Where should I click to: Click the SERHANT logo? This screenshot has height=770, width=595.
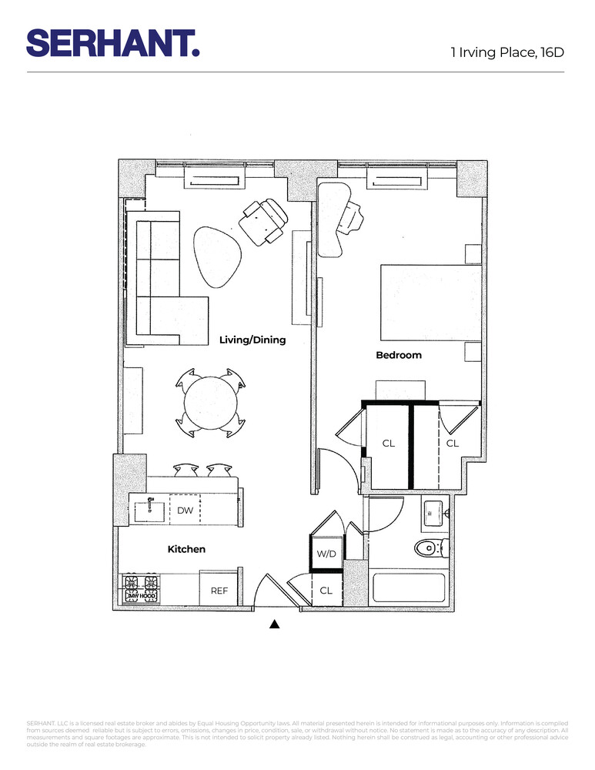coord(113,42)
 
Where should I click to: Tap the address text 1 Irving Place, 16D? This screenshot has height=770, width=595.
coord(507,52)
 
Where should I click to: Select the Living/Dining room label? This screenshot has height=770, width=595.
coord(252,340)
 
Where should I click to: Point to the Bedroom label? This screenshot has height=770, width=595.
coord(399,355)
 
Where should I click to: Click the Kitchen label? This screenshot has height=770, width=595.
coord(186,549)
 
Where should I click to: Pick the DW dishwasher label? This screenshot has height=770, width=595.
coord(185,510)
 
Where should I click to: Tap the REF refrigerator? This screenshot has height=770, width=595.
coord(220,591)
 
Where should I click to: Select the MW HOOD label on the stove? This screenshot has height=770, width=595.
coord(142,596)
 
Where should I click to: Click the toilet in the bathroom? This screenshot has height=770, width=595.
coord(428,548)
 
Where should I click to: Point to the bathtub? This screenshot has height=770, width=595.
coord(408,589)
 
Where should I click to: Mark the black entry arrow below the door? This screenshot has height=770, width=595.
coord(274,624)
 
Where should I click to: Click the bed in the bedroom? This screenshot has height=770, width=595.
coord(430,302)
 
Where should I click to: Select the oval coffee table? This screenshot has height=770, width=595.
coord(217,256)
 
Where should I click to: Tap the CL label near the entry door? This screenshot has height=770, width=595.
coord(326,591)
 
